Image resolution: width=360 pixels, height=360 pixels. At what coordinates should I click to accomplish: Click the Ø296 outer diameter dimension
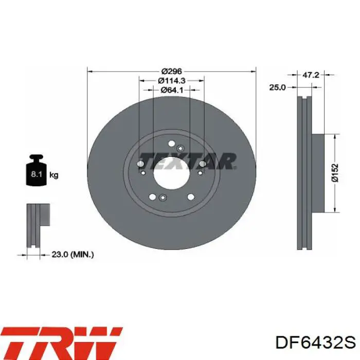[171, 71]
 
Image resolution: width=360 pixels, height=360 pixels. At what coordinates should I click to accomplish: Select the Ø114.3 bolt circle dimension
[171, 81]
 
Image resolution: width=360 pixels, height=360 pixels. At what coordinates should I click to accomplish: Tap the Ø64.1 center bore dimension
[172, 90]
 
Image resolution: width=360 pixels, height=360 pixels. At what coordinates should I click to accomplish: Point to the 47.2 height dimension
[311, 75]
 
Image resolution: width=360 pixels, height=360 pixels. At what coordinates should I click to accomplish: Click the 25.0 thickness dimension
[277, 87]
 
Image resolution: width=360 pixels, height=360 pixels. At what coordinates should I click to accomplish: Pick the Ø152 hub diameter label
[335, 173]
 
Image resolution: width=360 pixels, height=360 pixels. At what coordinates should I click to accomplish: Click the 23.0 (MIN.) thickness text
[73, 255]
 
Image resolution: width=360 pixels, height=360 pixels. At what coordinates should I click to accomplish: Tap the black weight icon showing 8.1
[37, 170]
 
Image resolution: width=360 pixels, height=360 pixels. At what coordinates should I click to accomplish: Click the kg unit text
[54, 175]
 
